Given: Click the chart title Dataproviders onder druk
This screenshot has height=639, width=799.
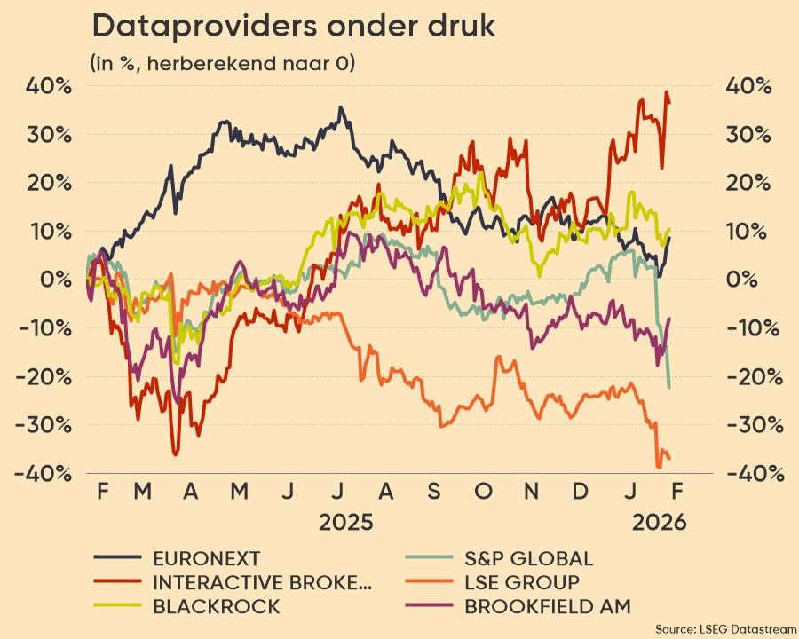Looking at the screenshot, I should [x=294, y=27].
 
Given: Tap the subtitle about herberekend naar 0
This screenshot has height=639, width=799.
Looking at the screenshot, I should [x=222, y=64].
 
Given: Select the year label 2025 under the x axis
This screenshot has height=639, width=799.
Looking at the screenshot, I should [x=346, y=522].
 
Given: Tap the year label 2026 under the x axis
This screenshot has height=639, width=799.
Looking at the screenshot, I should [x=659, y=522].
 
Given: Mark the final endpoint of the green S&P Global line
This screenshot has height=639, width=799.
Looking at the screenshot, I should [x=668, y=388].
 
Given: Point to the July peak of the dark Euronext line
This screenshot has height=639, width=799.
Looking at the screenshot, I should [x=340, y=107].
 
